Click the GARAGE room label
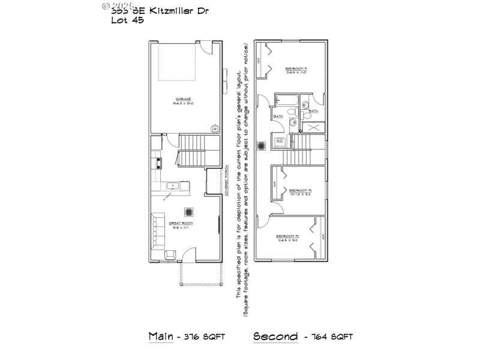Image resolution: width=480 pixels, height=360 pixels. coord(184,100)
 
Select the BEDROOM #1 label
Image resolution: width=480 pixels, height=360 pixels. coord(296,70)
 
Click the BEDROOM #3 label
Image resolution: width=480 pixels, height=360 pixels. coord(288,236)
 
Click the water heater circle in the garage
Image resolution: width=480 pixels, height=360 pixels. coord(214,128)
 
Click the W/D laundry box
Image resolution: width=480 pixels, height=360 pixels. coord(280,142)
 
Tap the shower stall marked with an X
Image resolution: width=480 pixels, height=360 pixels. coord(313,127)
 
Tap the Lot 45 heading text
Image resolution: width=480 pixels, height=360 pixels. coord(127,20)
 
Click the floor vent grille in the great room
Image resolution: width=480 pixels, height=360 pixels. coord(190,211)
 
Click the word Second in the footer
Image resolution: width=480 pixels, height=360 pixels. coord(275,336)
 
